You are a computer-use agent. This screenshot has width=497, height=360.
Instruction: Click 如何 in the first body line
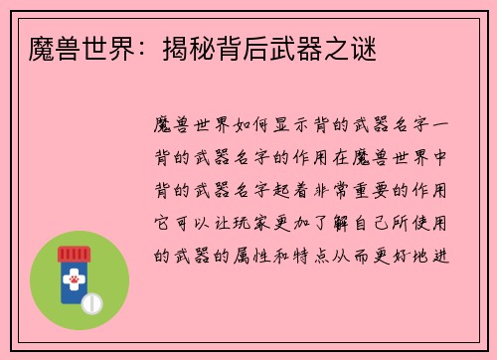(x=250, y=125)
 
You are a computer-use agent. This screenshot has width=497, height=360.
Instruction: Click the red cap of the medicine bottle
(x=72, y=255)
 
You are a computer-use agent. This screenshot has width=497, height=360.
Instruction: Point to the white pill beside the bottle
(x=93, y=300)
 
